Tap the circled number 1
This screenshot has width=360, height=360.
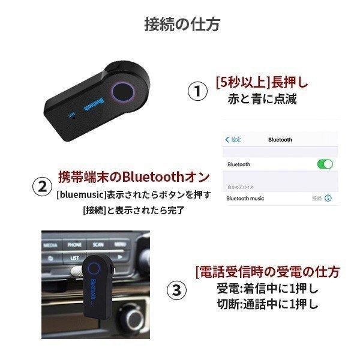[199, 91]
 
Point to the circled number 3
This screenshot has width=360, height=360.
[175, 290]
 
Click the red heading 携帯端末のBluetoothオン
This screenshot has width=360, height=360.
[134, 177]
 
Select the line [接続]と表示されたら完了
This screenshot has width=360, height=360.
[134, 210]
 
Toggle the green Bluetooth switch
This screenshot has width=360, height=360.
[324, 164]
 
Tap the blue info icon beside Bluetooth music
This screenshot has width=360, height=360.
[328, 198]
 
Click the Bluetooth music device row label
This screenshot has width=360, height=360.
[245, 198]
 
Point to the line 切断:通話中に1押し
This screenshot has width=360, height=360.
[267, 304]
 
